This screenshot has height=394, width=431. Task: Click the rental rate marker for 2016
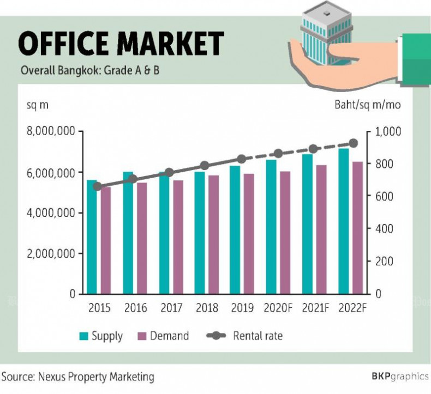click(133, 179)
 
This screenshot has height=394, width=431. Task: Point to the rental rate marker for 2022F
click(353, 143)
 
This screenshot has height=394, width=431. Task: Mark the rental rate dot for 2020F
click(279, 154)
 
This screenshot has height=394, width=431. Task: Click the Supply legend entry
click(101, 336)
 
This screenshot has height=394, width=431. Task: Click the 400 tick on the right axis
click(384, 229)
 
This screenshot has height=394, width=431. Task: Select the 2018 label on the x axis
click(207, 308)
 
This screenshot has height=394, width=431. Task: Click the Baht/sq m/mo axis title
click(367, 105)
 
